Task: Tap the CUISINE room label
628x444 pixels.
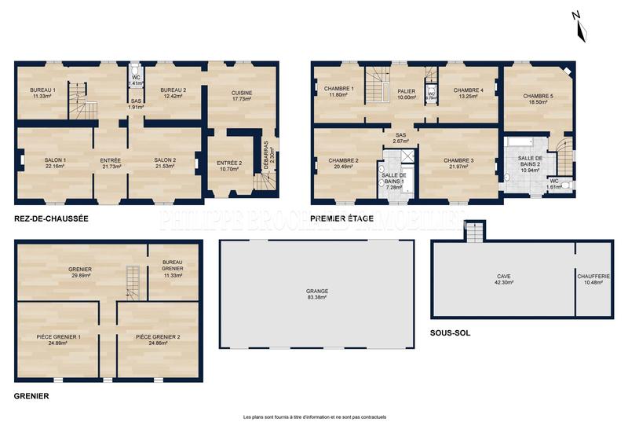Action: pyautogui.click(x=242, y=93)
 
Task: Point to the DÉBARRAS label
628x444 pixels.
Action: pyautogui.click(x=266, y=157)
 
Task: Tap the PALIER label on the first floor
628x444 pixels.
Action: pyautogui.click(x=406, y=91)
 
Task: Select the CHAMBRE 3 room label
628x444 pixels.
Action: pyautogui.click(x=458, y=160)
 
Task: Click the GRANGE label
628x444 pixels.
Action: pyautogui.click(x=317, y=291)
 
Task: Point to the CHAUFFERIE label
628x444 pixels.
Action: pyautogui.click(x=593, y=277)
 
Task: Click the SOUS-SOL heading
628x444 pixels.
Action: pyautogui.click(x=451, y=332)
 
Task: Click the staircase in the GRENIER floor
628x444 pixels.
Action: pyautogui.click(x=132, y=281)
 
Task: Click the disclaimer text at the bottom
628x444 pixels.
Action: pyautogui.click(x=314, y=417)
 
